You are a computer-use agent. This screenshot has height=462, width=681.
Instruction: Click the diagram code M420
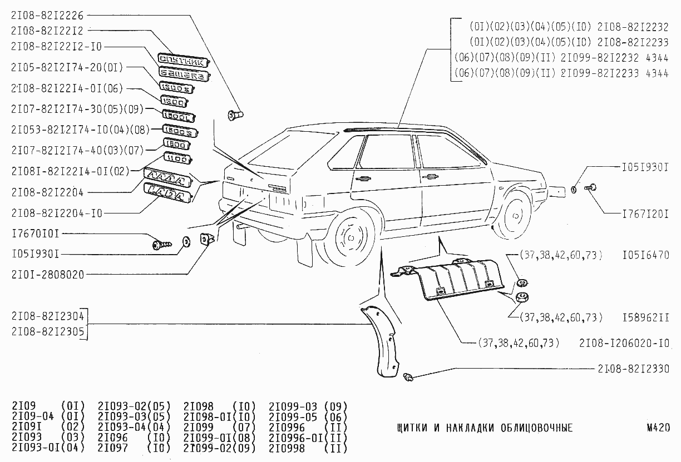point(658,428)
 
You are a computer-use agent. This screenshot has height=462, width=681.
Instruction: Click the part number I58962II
point(646,317)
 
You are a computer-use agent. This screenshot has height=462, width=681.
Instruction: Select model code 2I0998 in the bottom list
point(287,449)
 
